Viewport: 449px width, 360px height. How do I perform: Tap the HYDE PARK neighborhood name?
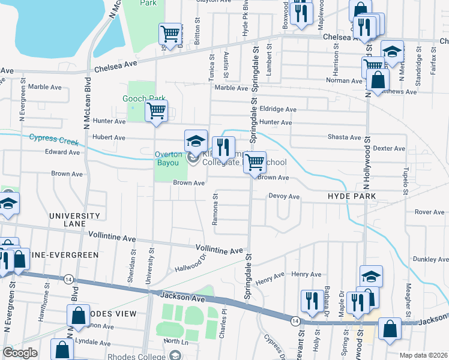351,196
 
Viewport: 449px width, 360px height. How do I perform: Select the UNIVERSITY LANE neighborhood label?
74,220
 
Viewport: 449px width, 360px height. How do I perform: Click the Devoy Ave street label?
284,196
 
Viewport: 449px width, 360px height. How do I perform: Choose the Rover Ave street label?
429,212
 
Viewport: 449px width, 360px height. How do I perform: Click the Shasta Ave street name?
344,137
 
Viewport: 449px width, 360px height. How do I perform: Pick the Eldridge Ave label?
278,109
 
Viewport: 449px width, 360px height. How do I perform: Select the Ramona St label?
215,213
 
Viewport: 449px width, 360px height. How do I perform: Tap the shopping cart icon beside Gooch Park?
157,110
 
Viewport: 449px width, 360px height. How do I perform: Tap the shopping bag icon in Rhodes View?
79,315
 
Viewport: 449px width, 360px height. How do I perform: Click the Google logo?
19,353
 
